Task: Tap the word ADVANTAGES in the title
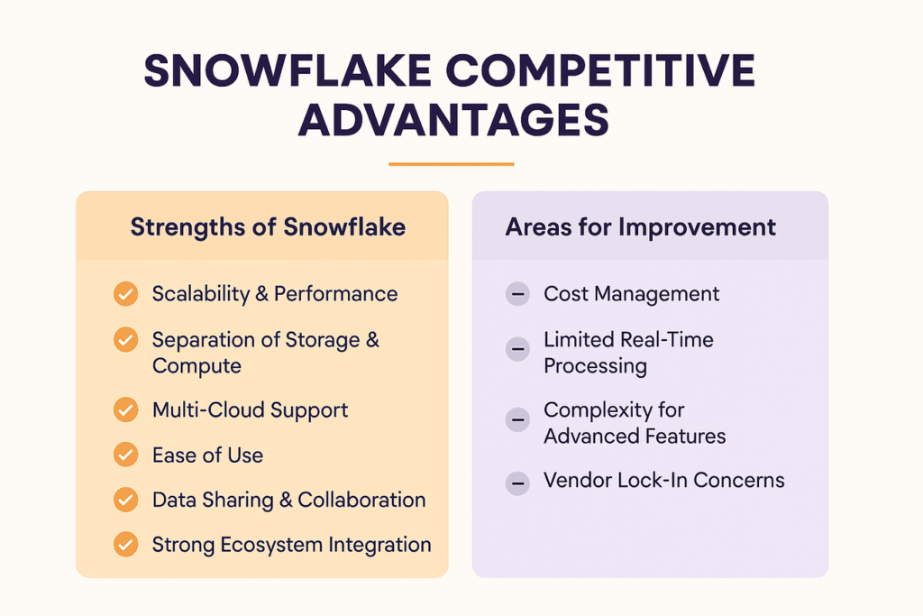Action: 453,119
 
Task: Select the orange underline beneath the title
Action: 451,164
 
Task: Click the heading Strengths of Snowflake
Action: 268,226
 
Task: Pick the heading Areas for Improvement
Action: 640,226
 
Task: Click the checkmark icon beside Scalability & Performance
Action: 126,294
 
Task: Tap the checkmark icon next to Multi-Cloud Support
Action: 126,410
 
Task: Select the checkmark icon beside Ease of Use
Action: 126,455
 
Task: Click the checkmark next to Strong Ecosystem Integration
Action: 126,545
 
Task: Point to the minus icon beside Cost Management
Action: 517,294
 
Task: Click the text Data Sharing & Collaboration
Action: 288,501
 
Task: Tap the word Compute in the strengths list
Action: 196,366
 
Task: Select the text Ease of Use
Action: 207,455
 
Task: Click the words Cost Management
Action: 631,294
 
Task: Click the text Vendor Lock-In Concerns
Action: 663,481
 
